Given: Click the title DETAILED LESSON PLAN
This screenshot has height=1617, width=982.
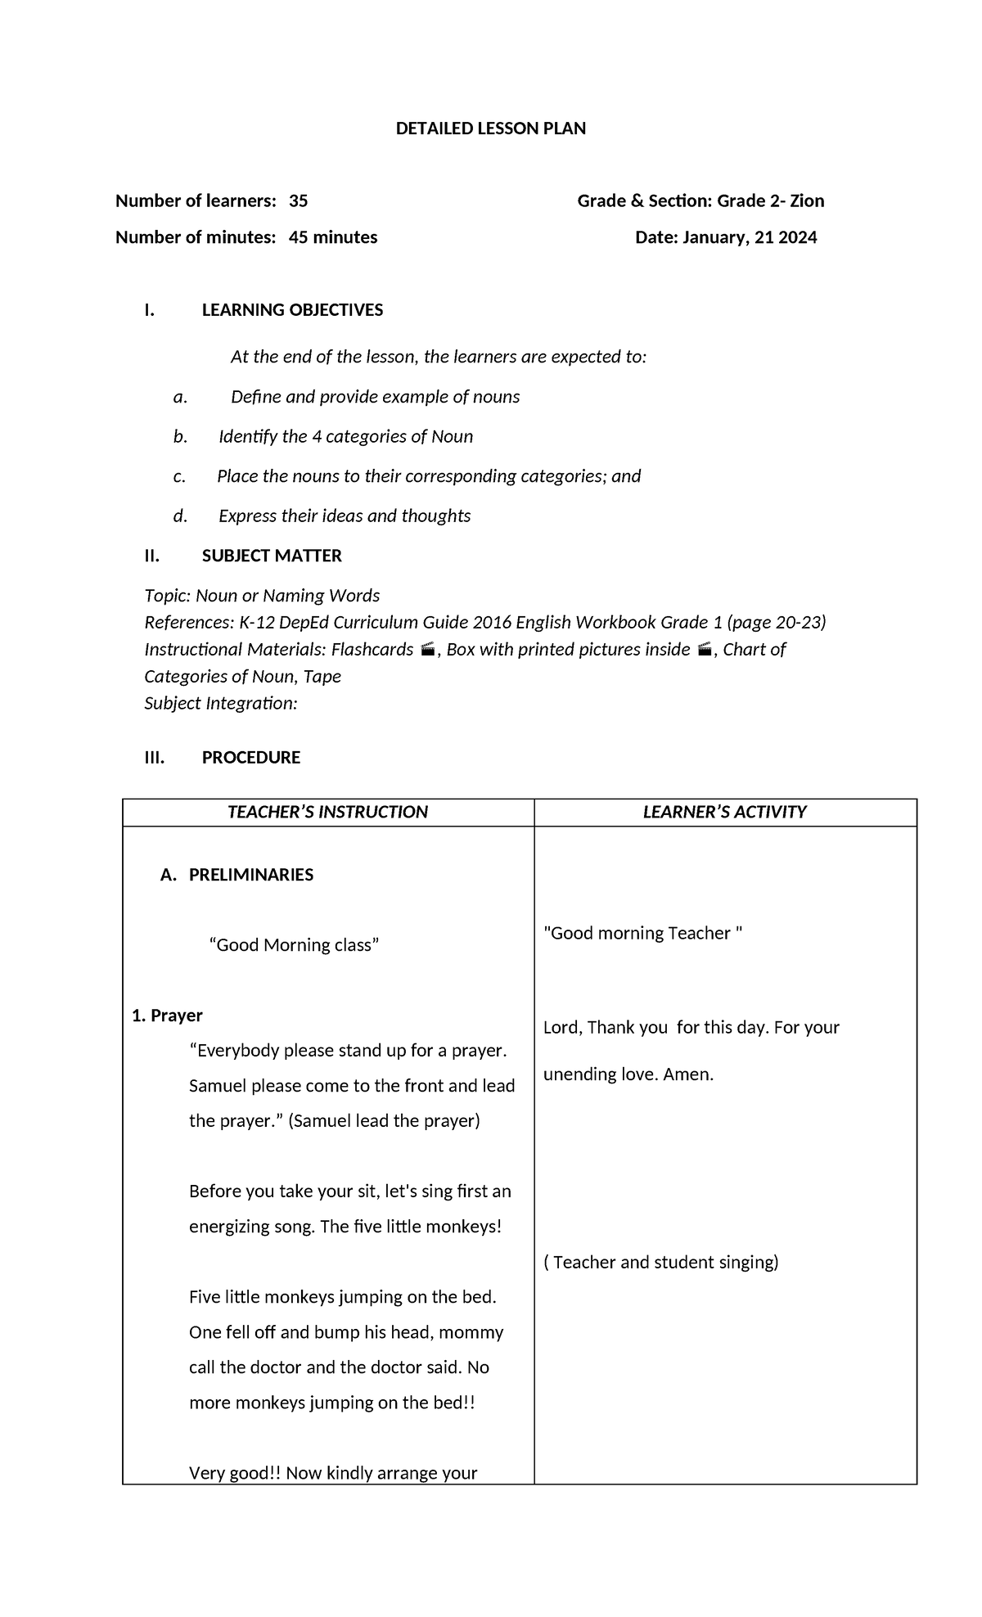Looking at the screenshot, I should (490, 128).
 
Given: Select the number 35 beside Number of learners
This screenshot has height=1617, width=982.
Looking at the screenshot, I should (298, 201).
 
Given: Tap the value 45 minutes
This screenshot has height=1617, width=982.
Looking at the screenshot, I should (333, 238).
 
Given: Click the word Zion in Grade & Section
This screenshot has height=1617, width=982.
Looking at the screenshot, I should (806, 201).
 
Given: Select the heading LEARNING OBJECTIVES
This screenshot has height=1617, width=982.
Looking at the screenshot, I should (292, 310).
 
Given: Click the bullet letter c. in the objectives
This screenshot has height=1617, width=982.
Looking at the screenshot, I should (179, 476).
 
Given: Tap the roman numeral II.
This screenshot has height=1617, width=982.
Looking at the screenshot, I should (151, 556).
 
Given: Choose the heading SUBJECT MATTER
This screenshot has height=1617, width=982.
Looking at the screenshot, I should (272, 556).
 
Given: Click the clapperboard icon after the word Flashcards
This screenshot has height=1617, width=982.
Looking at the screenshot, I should (426, 650).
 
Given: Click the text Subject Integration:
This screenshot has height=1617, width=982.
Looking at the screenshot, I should (221, 704).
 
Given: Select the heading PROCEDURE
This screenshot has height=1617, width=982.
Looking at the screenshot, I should (250, 758).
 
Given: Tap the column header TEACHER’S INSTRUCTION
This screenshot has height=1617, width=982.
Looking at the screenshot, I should (327, 812).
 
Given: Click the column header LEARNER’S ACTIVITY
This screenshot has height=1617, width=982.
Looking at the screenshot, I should (724, 812).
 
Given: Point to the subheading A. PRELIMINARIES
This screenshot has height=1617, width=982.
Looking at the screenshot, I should (237, 875).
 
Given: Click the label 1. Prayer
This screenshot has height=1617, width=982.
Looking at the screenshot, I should (167, 1016).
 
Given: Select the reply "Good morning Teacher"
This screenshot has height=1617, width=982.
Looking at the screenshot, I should (642, 934).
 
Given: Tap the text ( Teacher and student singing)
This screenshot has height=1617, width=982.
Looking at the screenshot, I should (660, 1262).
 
